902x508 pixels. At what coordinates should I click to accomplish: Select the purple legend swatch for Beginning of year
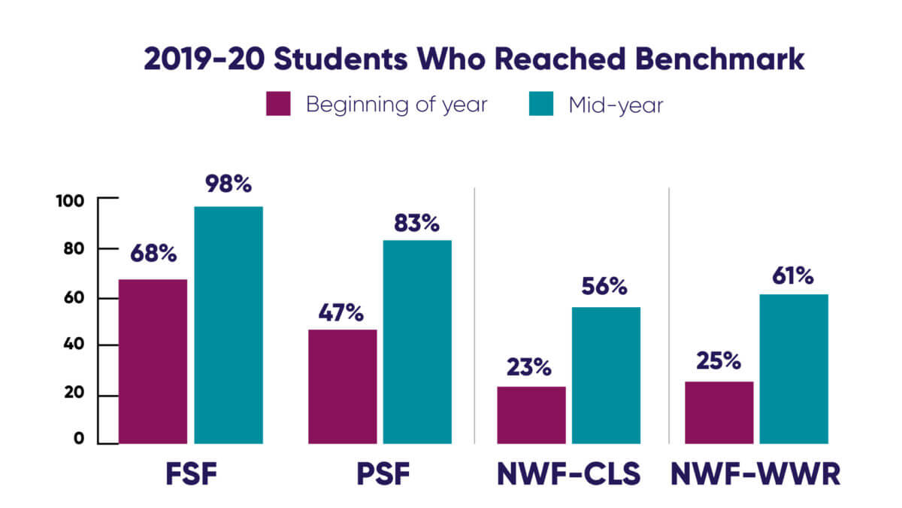pos(278,105)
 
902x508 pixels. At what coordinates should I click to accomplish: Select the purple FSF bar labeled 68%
pos(153,361)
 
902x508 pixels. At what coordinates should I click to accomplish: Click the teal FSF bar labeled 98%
pos(229,324)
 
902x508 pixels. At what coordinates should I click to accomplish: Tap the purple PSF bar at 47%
pos(342,386)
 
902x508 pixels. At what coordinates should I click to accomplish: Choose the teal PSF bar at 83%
pos(417,342)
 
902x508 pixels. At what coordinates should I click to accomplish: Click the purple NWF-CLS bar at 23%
pos(531,415)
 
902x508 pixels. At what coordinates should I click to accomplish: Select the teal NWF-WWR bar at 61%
pos(794,368)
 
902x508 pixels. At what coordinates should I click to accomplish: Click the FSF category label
pos(188,475)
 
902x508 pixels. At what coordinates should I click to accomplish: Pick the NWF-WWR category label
pos(756,475)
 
